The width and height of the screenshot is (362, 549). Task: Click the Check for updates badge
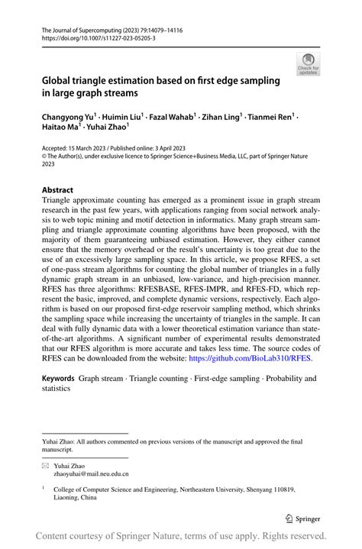309,63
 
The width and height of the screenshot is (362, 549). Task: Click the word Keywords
58,378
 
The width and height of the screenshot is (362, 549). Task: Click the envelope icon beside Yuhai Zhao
46,464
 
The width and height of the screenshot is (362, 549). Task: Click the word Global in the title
60,80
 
